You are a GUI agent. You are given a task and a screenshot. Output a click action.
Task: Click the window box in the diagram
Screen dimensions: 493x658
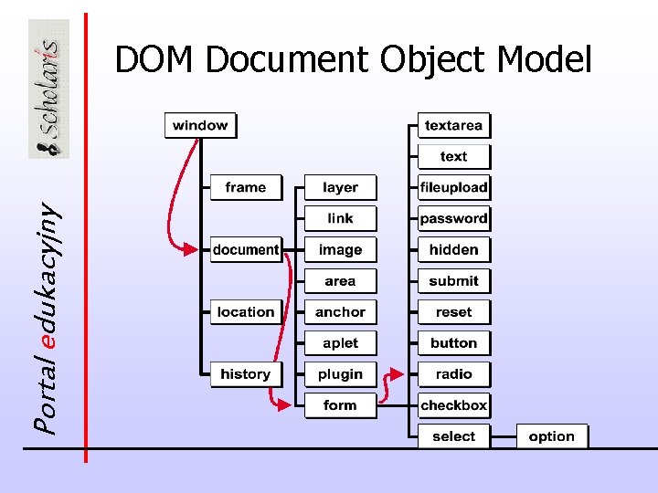coord(200,126)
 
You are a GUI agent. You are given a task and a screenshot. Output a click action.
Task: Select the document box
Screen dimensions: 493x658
coord(246,249)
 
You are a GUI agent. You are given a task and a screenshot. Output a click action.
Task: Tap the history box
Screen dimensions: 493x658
coord(246,374)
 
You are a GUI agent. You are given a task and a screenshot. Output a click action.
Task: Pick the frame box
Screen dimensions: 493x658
coord(246,188)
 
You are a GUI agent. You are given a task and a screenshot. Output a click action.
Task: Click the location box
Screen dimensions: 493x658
coord(246,312)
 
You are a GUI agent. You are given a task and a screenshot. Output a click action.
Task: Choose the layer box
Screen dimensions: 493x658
coord(340,188)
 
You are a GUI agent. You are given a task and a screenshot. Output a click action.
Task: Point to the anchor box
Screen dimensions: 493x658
coord(340,312)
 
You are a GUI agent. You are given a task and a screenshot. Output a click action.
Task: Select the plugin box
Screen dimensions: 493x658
coord(340,374)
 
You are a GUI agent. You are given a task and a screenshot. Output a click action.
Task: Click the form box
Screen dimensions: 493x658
coord(340,405)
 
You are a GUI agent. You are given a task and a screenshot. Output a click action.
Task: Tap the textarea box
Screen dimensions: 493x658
coord(454,126)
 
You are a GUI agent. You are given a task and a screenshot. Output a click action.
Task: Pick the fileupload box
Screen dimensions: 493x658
coord(454,188)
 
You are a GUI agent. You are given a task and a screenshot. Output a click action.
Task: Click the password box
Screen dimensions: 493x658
coord(454,219)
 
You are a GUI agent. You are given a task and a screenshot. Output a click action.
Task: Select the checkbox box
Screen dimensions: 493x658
coord(454,405)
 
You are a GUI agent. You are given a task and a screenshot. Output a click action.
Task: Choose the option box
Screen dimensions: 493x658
coord(552,436)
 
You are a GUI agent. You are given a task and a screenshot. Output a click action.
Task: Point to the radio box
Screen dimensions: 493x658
coord(454,374)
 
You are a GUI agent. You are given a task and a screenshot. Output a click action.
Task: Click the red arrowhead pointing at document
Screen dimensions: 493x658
coord(190,248)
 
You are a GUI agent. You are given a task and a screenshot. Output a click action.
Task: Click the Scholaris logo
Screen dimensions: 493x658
coord(48,89)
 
